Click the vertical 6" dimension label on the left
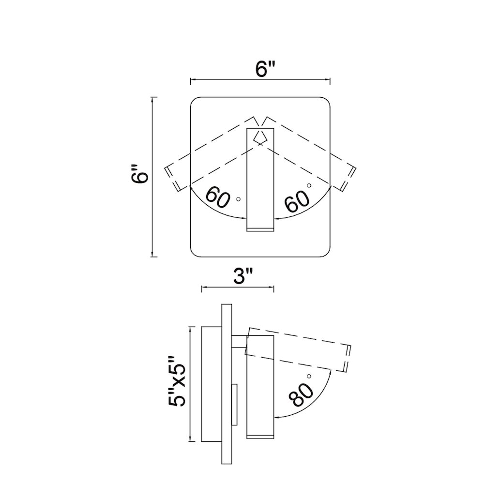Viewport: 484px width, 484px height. (141, 175)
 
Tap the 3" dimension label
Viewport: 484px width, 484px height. (243, 276)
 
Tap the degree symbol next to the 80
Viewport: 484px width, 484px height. (309, 376)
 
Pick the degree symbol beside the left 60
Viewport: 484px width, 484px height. (238, 199)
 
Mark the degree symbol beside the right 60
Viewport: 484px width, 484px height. (308, 185)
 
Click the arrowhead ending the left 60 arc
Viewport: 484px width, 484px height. (243, 218)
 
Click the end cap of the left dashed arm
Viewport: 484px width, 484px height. (172, 179)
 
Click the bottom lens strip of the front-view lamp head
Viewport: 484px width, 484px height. (260, 229)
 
